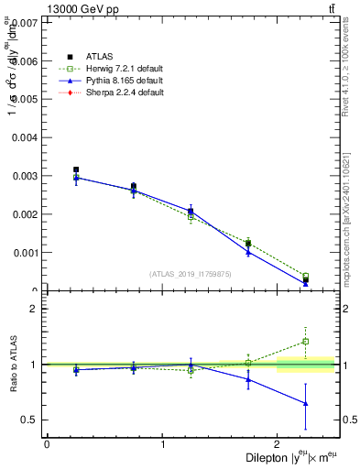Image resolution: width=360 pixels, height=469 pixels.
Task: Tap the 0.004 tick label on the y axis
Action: click(x=27, y=137)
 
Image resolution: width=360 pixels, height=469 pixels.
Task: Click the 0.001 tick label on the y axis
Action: click(x=27, y=253)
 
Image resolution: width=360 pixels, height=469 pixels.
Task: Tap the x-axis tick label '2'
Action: click(x=278, y=444)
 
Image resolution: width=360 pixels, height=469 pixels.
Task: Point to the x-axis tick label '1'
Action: click(x=163, y=444)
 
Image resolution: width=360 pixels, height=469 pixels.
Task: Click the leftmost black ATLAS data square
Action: click(x=76, y=169)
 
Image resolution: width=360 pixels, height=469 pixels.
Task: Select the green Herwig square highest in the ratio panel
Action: click(x=305, y=342)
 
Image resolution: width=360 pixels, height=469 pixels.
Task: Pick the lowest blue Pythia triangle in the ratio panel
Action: click(x=305, y=403)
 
